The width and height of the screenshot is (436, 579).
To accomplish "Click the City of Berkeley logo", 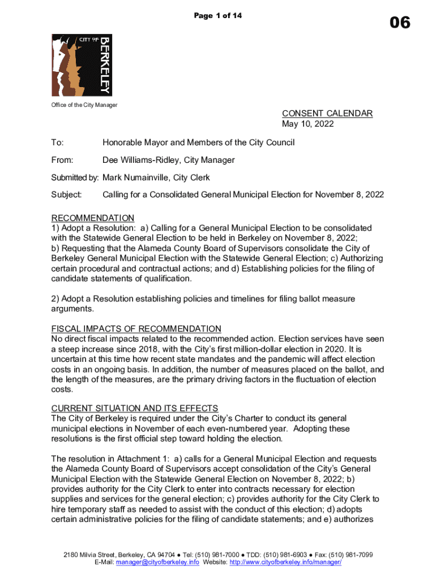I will point(82,64).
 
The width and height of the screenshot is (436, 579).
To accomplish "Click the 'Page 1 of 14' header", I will point(218,16).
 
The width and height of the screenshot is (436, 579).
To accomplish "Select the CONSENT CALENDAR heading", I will point(327,113).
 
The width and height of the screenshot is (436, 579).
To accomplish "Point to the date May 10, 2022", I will point(308,124).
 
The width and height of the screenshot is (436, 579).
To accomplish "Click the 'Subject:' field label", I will point(67,195).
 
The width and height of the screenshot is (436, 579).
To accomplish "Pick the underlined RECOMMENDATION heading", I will point(93,218).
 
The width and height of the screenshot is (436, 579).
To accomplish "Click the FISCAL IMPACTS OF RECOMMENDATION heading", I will point(136,329).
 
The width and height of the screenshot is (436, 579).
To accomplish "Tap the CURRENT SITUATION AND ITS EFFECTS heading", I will point(135,409).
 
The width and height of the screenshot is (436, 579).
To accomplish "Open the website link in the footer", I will point(280,563).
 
